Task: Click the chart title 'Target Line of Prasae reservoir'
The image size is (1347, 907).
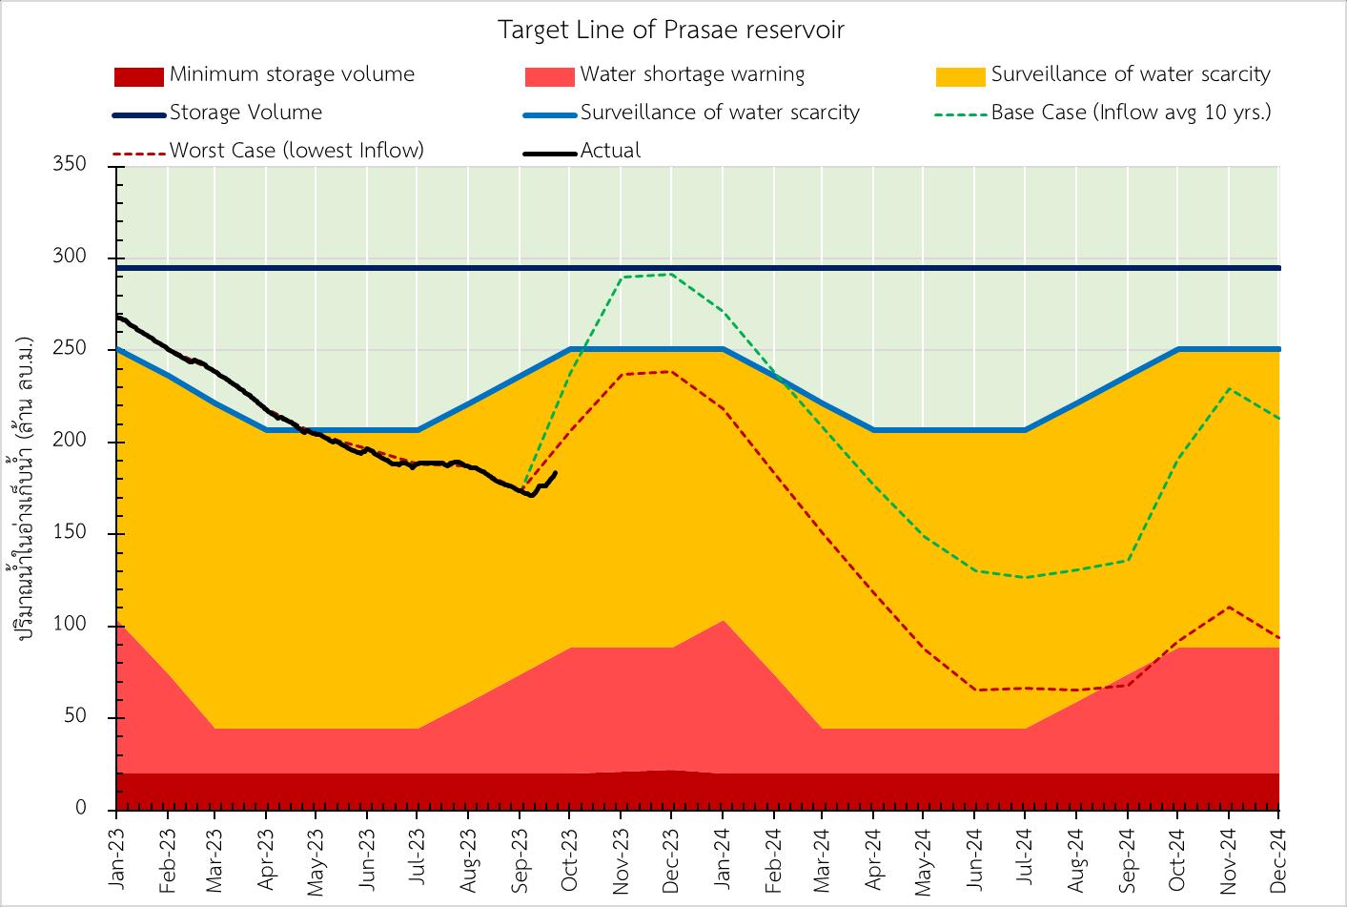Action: [x=671, y=31]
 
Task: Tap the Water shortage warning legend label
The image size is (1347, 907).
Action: [x=692, y=74]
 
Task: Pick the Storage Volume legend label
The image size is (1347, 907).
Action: [x=246, y=113]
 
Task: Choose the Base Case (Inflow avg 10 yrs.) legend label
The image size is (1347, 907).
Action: [x=1131, y=113]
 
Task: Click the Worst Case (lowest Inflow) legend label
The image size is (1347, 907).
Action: [x=296, y=151]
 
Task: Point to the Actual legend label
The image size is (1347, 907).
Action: [x=610, y=151]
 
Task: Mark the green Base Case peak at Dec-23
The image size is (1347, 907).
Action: [x=671, y=275]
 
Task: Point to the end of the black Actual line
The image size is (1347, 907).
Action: [x=556, y=472]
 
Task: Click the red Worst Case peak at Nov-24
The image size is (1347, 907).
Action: [x=1229, y=607]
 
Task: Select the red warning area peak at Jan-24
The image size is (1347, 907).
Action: [x=723, y=621]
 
